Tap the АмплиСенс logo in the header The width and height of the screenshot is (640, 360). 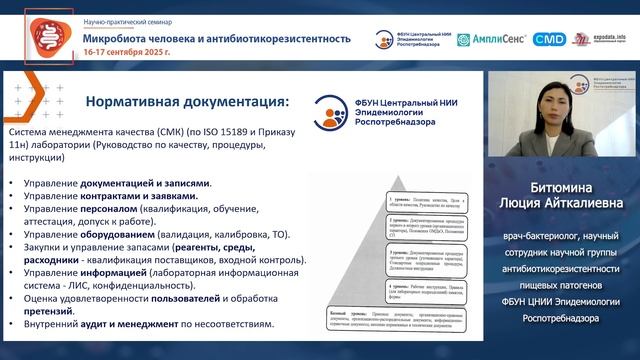pos(492,39)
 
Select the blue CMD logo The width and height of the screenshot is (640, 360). pos(549,39)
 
